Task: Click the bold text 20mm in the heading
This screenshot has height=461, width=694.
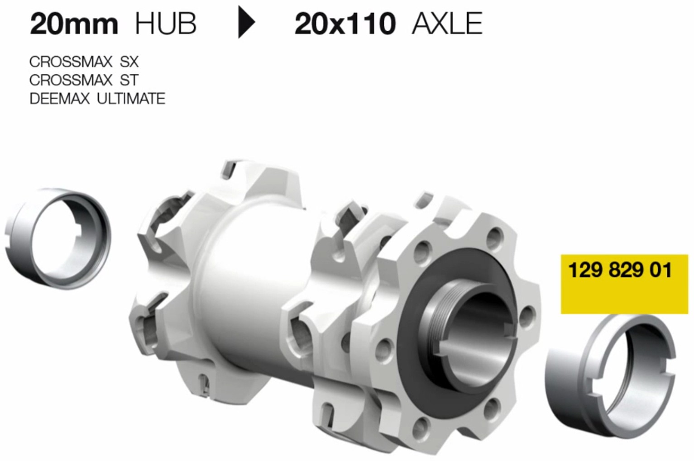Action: click(x=74, y=24)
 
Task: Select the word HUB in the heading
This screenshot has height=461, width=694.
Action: click(x=166, y=24)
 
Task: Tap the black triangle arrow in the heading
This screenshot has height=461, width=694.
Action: click(x=247, y=24)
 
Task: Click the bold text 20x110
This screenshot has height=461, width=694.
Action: click(x=345, y=24)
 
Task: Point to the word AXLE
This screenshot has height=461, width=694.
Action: click(x=447, y=24)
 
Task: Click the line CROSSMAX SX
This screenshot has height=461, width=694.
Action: click(x=84, y=62)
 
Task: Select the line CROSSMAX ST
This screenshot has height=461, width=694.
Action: click(x=84, y=80)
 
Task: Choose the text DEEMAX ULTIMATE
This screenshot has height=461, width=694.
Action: click(x=97, y=99)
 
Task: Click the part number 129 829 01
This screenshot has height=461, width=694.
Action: click(x=620, y=270)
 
